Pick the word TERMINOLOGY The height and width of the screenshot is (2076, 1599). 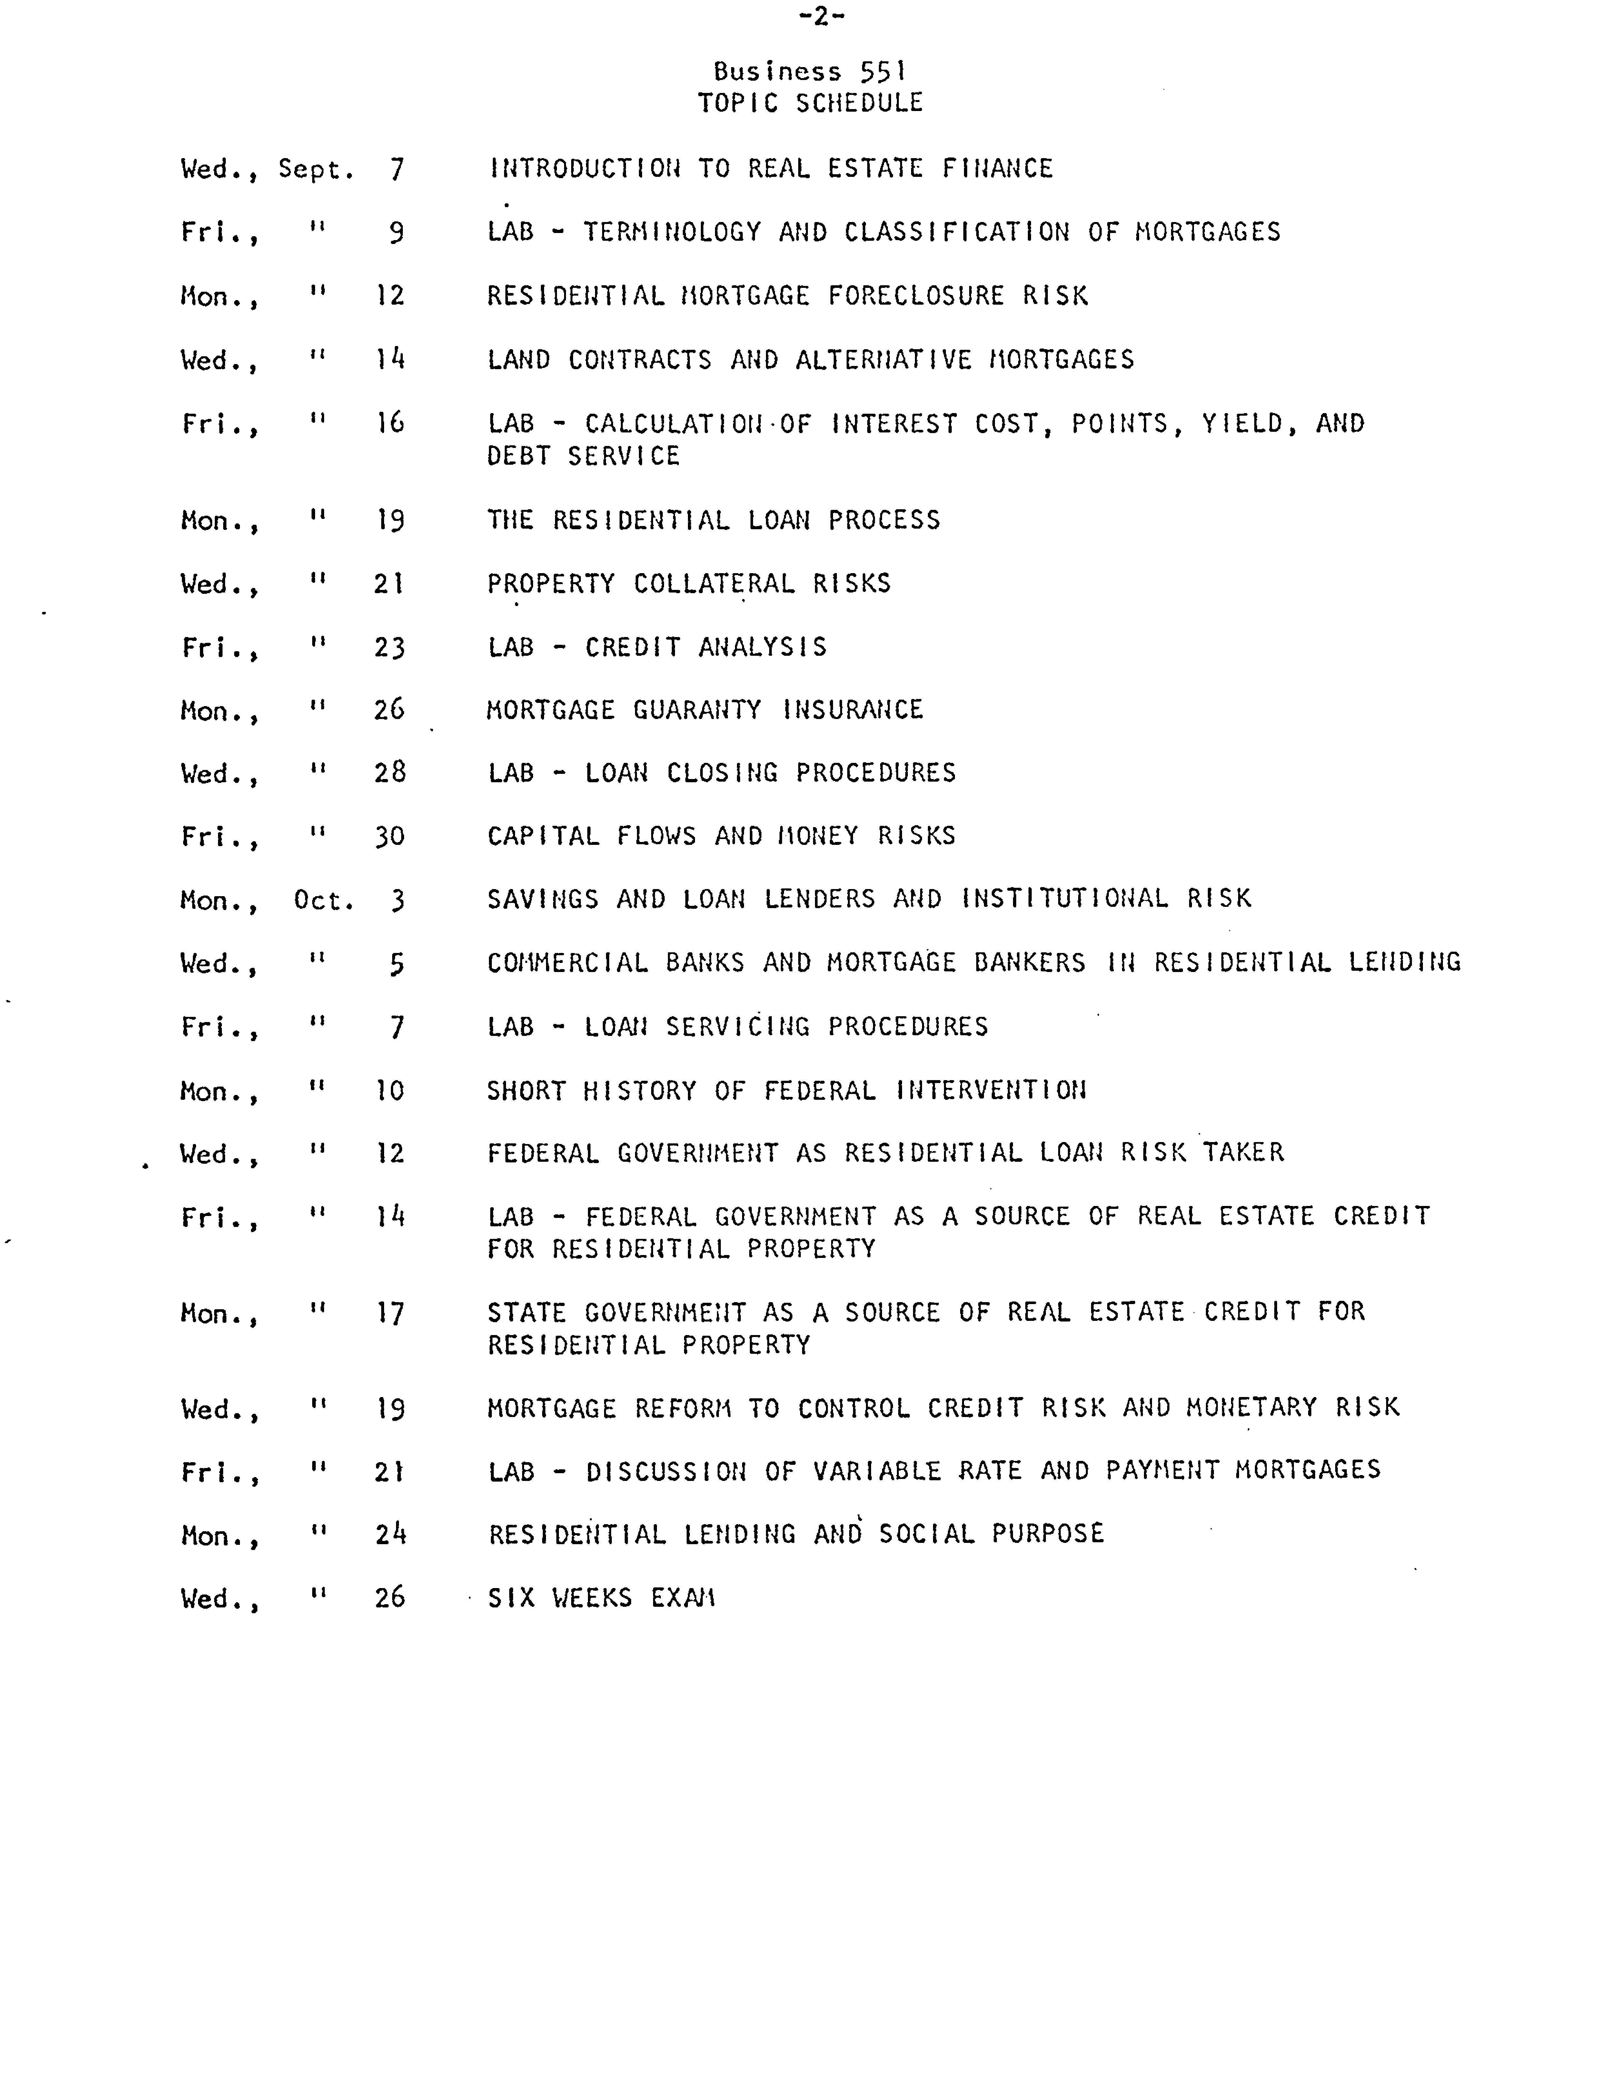(672, 232)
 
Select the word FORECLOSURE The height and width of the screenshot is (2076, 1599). (916, 296)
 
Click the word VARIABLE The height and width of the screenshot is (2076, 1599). (869, 1471)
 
